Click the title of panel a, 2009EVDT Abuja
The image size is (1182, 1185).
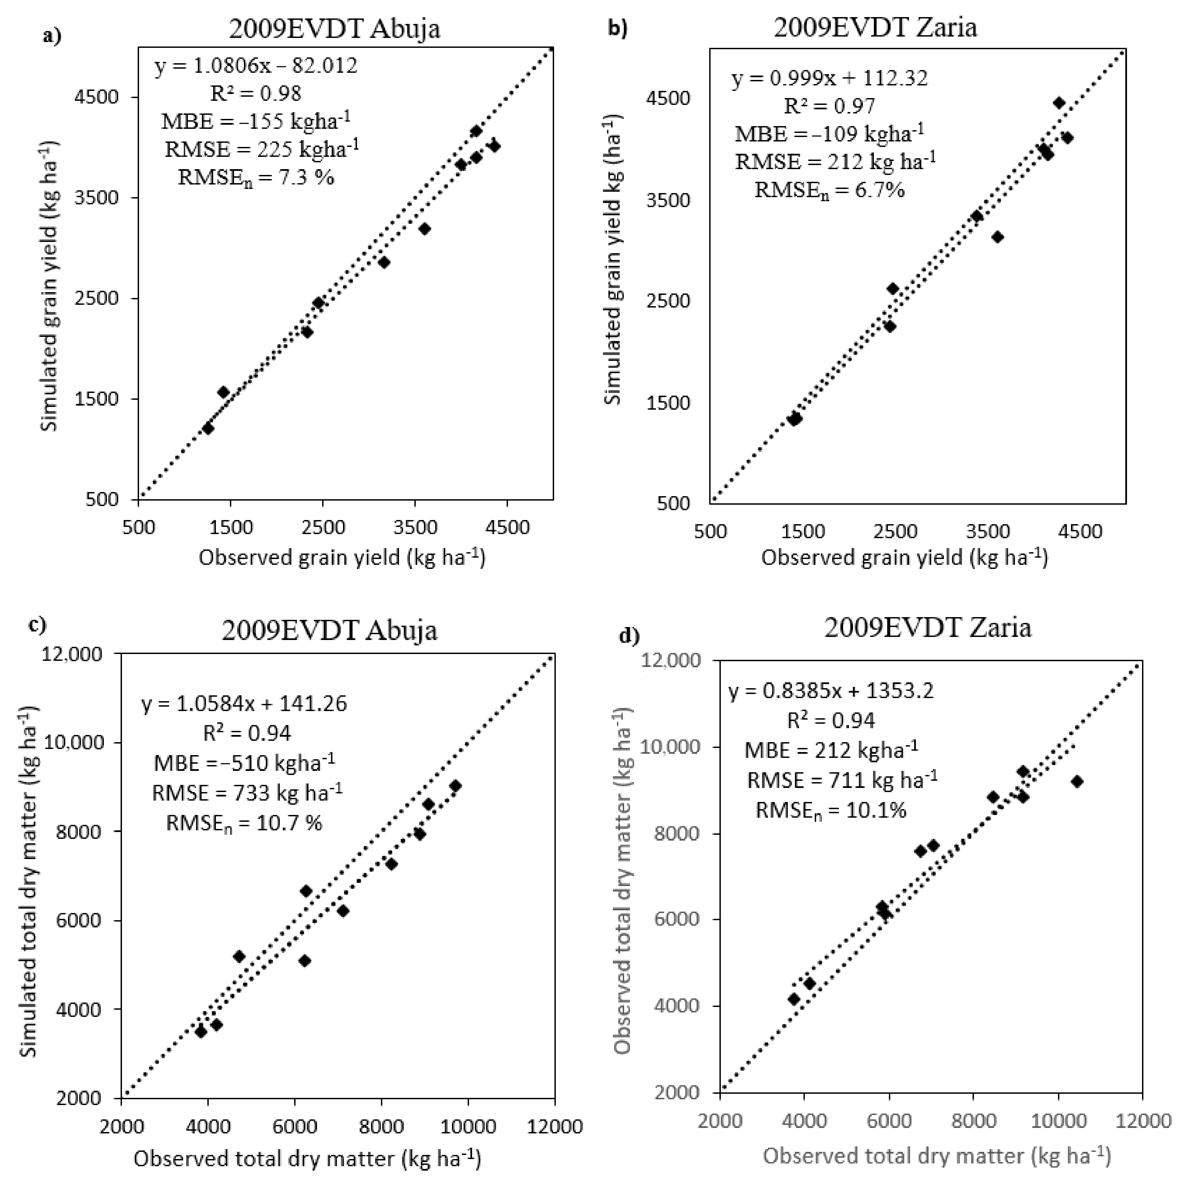pyautogui.click(x=335, y=29)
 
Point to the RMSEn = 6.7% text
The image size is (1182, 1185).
pyautogui.click(x=829, y=190)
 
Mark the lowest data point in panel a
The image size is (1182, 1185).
pyautogui.click(x=208, y=428)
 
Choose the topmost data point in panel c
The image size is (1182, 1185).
pyautogui.click(x=455, y=786)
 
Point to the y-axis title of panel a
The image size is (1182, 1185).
pyautogui.click(x=50, y=286)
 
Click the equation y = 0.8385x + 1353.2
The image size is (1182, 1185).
pyautogui.click(x=831, y=691)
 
